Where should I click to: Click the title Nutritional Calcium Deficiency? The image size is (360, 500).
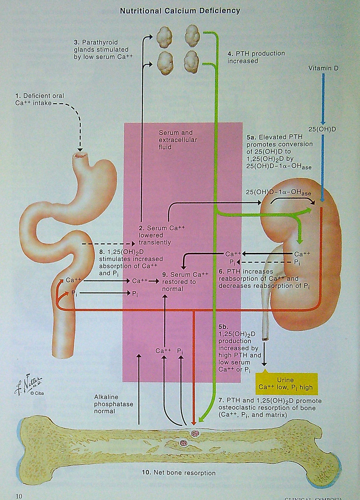point(180,11)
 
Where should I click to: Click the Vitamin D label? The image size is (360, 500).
point(323,68)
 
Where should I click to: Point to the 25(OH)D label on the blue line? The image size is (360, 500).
point(322,129)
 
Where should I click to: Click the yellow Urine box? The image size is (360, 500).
point(286,383)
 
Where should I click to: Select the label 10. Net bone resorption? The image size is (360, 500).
point(179,473)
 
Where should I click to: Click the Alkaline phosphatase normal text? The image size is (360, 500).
point(109,404)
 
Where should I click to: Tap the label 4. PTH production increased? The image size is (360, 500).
point(256,57)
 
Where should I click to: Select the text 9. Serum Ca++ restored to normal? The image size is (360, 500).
point(185,282)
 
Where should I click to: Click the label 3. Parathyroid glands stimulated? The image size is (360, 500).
point(101,50)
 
